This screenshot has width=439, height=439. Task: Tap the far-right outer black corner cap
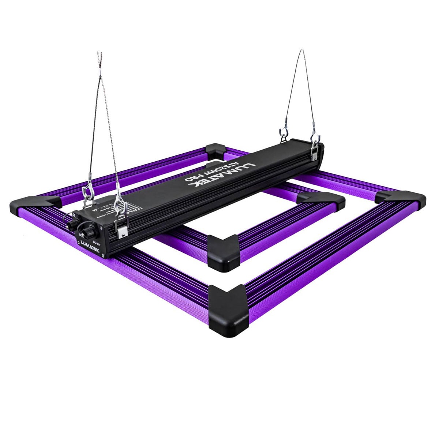coord(401,199)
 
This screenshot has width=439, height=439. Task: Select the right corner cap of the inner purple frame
coord(320,199)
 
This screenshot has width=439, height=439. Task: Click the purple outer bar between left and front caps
coord(121,271)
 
